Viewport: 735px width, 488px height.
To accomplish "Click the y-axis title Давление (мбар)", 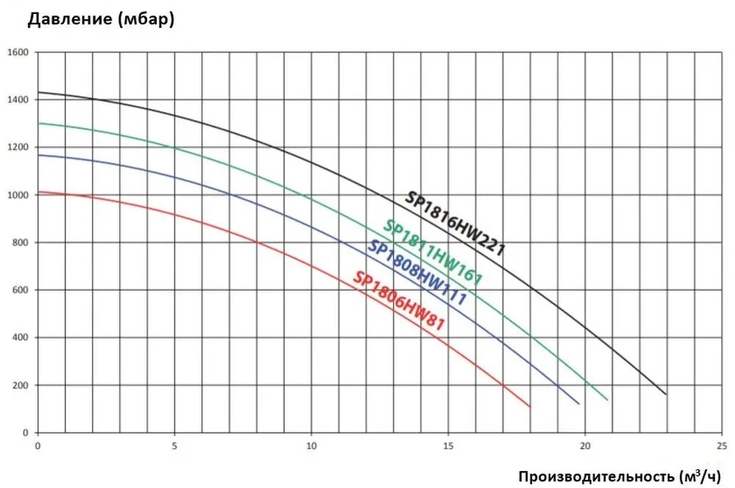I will (101, 20).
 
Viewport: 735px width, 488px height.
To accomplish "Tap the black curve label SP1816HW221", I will (455, 224).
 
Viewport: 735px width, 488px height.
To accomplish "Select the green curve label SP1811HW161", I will (433, 253).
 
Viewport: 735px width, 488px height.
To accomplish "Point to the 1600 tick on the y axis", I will (18, 52).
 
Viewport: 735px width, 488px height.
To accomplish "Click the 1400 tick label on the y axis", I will (18, 100).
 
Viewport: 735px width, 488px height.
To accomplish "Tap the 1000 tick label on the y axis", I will (18, 195).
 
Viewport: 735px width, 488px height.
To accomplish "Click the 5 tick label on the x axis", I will (174, 445).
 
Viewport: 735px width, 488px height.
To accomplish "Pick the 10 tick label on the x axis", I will (311, 445).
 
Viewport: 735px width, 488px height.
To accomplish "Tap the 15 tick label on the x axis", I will (448, 445).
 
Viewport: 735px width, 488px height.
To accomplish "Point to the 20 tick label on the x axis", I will (585, 445).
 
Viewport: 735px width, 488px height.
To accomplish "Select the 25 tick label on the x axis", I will (722, 445).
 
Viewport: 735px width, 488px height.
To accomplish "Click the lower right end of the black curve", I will (667, 395).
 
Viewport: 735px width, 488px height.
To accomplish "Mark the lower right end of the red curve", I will (530, 406).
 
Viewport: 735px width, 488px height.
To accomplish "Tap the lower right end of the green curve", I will (608, 400).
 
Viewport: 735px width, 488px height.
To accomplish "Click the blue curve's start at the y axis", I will (38, 155).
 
